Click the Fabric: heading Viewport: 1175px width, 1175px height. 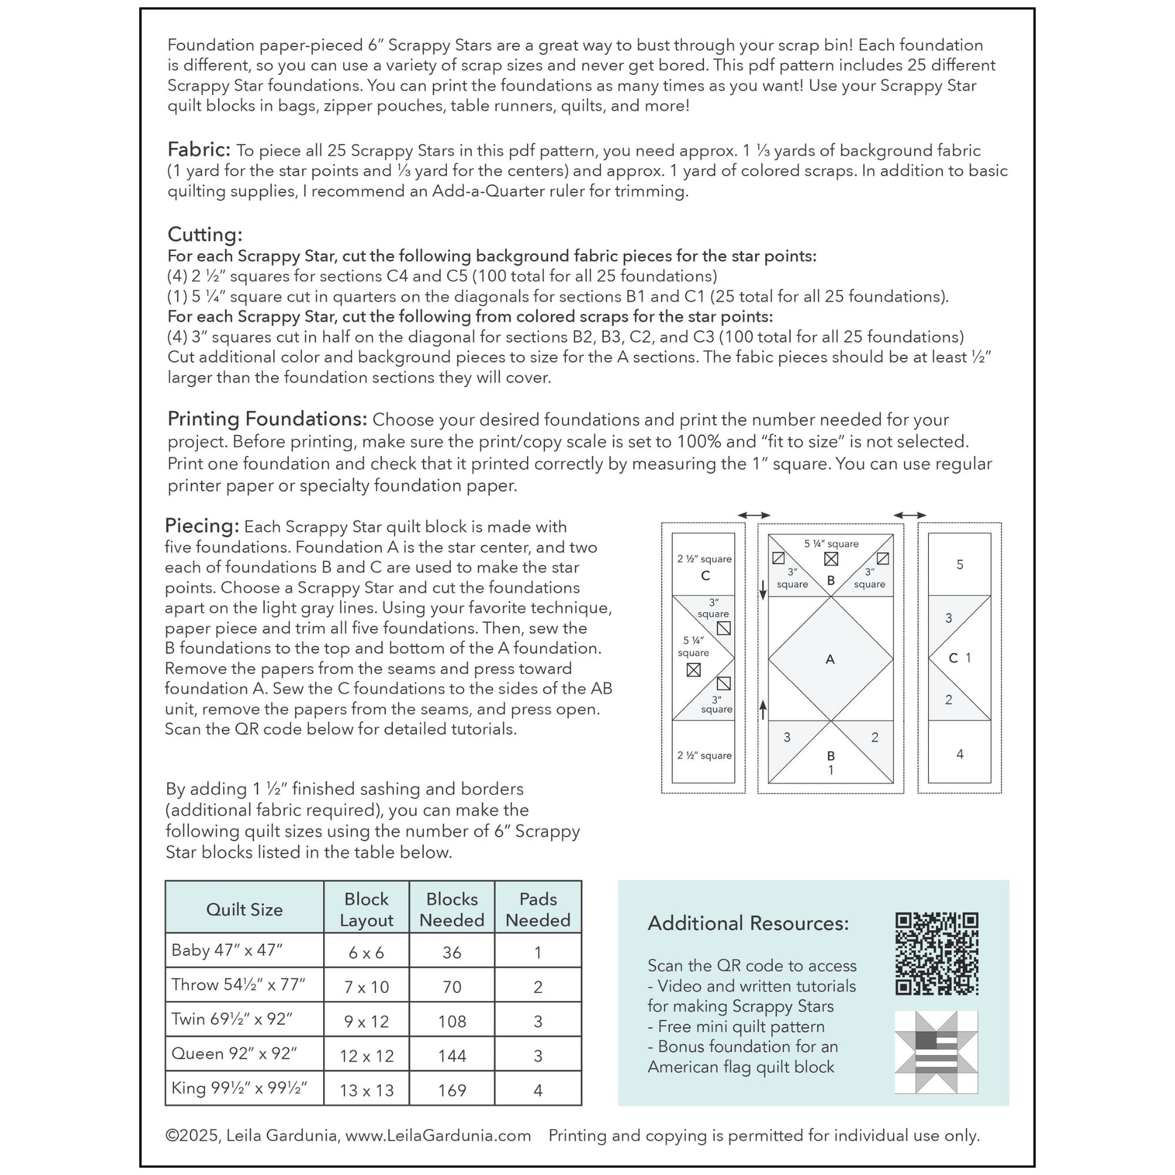(x=199, y=150)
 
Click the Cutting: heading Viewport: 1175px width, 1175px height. (x=205, y=235)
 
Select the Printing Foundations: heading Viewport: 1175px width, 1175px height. (x=267, y=419)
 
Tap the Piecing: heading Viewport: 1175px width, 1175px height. (x=202, y=525)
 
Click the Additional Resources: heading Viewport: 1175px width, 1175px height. (x=748, y=923)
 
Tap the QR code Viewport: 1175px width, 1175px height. (x=936, y=954)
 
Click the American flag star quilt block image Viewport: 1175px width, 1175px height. (x=936, y=1052)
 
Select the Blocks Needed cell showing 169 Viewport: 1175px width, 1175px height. (x=452, y=1090)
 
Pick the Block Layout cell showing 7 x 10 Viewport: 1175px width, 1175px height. (x=366, y=986)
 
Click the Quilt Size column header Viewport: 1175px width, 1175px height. (x=244, y=909)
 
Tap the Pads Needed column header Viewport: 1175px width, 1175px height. (x=538, y=909)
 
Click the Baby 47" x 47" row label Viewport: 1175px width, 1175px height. (x=227, y=950)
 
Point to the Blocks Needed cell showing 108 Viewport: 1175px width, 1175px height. (x=452, y=1021)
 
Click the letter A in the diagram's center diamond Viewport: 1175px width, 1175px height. (x=830, y=659)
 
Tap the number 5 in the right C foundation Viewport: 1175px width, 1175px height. (x=960, y=565)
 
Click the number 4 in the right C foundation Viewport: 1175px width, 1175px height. (x=960, y=754)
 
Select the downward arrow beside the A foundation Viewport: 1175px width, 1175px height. (x=763, y=589)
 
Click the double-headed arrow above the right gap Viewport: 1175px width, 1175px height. (x=910, y=515)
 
